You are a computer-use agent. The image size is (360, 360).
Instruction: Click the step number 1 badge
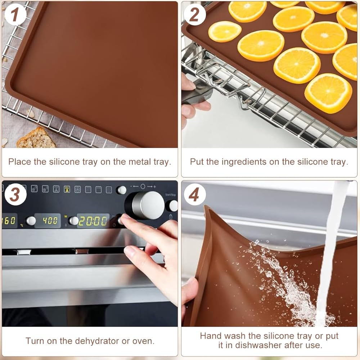point(15,14)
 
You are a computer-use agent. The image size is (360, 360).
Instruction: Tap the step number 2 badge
point(194,14)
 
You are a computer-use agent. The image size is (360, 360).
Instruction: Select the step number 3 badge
point(15,194)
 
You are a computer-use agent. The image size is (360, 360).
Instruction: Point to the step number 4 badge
point(194,194)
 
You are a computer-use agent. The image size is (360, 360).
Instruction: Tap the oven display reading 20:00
point(93,221)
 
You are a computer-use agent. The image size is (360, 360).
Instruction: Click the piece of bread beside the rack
point(36,138)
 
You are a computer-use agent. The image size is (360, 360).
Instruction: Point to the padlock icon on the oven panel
point(171,216)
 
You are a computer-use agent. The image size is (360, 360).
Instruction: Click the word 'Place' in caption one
point(19,162)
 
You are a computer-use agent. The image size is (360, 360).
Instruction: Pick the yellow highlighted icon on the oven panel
point(67,189)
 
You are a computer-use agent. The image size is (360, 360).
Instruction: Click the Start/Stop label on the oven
point(170,195)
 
